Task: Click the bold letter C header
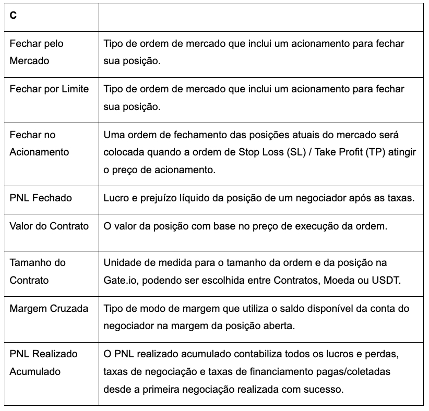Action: point(13,16)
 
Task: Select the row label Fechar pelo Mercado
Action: point(36,52)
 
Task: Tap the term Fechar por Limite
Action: point(49,89)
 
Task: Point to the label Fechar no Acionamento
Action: point(39,143)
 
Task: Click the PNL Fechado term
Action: point(41,198)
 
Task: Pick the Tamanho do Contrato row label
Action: point(38,271)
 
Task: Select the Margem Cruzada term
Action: point(49,308)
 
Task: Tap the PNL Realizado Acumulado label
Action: point(43,362)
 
